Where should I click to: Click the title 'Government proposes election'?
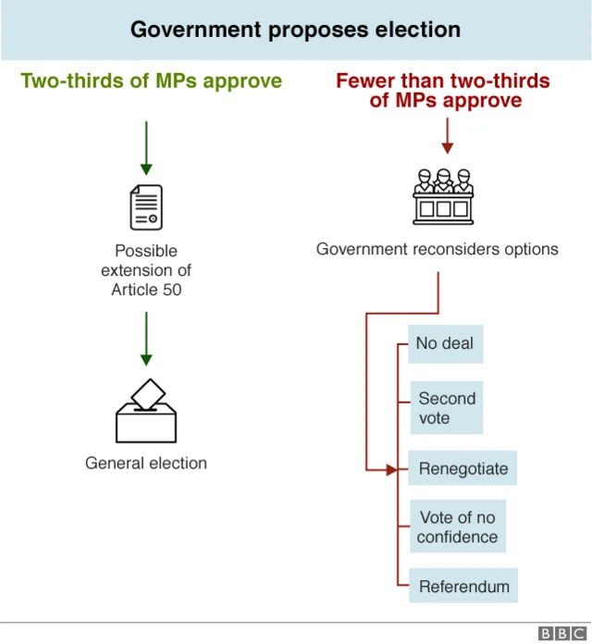295,30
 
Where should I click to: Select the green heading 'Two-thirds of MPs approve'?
151,81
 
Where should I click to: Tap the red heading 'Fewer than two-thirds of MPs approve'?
442,91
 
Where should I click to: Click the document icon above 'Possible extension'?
146,207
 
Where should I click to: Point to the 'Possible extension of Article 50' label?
146,270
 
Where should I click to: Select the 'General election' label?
146,463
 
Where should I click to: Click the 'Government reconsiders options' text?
438,249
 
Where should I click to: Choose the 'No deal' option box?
445,343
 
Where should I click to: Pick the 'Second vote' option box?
447,409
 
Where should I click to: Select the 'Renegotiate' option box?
462,469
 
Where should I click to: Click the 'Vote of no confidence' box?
457,527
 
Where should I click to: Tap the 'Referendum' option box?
463,587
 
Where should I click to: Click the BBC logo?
558,633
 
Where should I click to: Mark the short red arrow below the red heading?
448,136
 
